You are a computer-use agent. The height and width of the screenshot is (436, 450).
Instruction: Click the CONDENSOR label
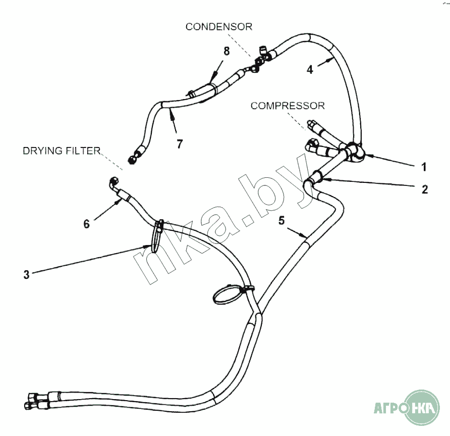[x=218, y=27]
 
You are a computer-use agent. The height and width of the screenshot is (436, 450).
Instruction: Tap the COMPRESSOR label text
[x=288, y=106]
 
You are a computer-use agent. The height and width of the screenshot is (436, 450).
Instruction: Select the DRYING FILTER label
[x=62, y=151]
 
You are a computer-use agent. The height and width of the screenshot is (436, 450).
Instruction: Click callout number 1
[x=424, y=166]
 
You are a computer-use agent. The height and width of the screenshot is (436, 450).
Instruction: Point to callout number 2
[x=424, y=189]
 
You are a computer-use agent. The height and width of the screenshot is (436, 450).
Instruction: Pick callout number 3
[x=26, y=274]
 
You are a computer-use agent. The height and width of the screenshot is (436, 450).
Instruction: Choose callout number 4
[x=310, y=70]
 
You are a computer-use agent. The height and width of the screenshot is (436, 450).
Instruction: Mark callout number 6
[x=87, y=224]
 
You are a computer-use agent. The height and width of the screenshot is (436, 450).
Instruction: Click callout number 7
[x=179, y=144]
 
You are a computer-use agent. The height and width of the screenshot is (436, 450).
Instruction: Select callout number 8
[x=227, y=51]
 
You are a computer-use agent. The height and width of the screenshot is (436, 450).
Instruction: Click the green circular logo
[x=416, y=407]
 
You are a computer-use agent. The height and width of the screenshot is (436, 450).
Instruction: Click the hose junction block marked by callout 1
[x=353, y=151]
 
